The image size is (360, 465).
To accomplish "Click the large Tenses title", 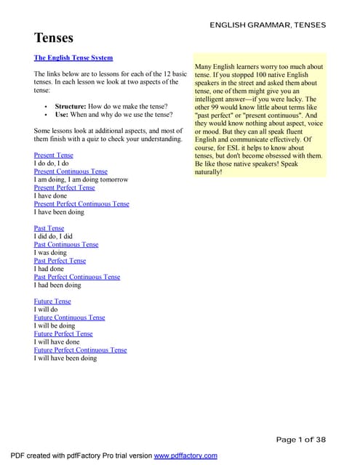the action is [x=54, y=38].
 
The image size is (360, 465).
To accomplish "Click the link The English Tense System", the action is [x=73, y=57].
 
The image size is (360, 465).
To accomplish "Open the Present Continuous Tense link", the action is [x=71, y=171].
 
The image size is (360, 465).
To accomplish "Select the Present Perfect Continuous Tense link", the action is [x=81, y=204].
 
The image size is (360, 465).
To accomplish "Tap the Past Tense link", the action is [x=49, y=228].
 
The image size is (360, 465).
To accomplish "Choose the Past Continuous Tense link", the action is [x=66, y=244].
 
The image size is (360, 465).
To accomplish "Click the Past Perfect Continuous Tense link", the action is [x=77, y=277].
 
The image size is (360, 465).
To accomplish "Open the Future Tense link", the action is [x=52, y=301].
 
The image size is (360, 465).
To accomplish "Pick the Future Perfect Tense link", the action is [x=63, y=333].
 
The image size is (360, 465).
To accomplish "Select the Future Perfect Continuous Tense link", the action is [x=80, y=349].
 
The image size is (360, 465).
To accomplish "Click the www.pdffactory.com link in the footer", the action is [x=185, y=456].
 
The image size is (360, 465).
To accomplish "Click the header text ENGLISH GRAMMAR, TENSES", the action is [x=268, y=25].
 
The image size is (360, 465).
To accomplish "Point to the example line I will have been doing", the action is [x=65, y=358].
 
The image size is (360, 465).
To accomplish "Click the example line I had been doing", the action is [x=57, y=285].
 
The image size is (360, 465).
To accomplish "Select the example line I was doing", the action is [x=50, y=253].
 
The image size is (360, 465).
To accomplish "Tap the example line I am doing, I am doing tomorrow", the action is [x=81, y=179].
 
